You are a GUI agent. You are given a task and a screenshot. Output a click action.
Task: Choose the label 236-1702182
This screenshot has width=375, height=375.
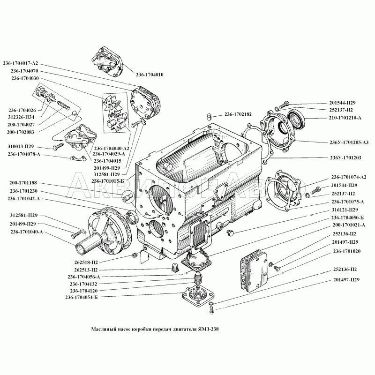point(238,114)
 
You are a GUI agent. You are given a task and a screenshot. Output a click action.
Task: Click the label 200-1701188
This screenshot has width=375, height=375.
point(23,183)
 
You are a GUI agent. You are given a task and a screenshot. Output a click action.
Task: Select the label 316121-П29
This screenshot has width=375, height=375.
point(345,210)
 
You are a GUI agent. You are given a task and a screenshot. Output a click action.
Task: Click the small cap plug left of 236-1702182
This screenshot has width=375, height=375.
point(210,116)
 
